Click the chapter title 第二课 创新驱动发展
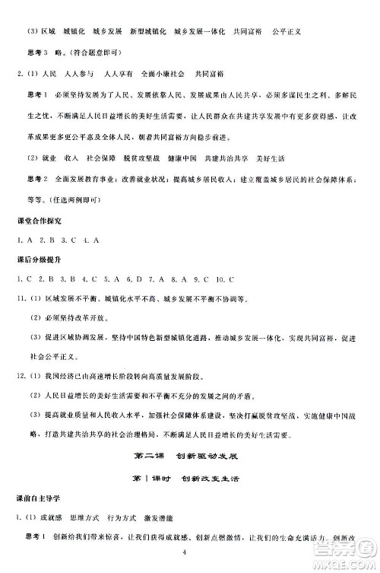tap(190, 457)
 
